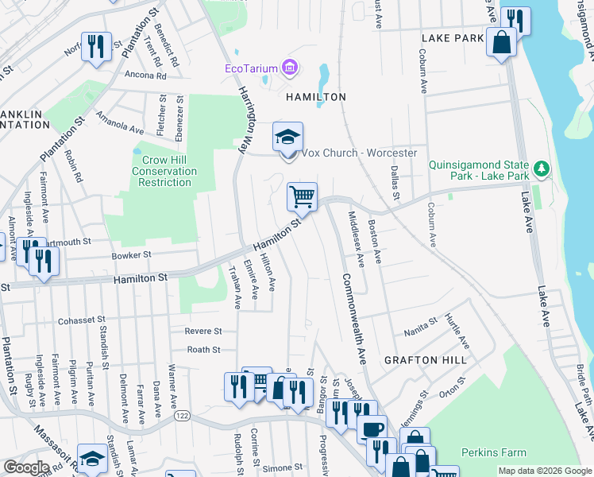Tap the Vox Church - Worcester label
coord(359,153)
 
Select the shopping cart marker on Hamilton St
coord(302,196)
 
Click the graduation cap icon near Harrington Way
coord(287,137)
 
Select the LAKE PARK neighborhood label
coord(453,38)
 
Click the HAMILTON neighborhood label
coord(316,97)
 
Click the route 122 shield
coord(183,416)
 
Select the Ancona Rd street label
coord(145,76)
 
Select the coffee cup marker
coord(372,429)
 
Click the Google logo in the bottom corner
coord(26,467)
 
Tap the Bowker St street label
coord(132,256)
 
